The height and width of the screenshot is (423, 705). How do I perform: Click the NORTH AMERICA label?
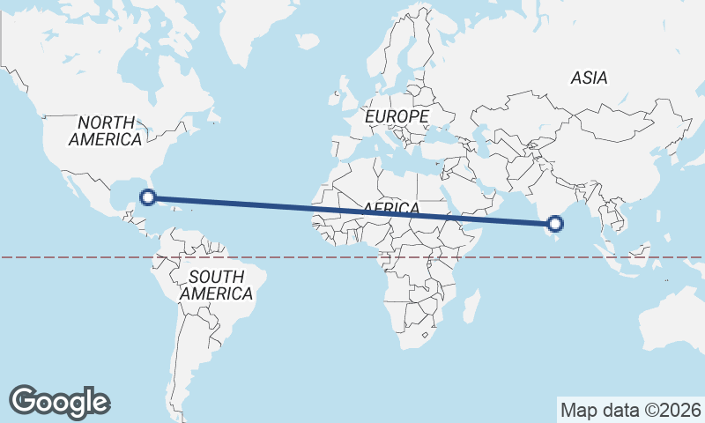106,130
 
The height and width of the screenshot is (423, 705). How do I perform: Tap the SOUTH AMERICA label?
216,286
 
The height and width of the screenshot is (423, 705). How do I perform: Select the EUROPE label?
397,116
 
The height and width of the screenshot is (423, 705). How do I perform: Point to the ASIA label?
589,78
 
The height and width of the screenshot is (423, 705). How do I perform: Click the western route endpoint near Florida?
148,198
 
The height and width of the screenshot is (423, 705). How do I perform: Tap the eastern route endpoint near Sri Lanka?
555,224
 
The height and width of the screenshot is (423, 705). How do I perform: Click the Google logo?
59,401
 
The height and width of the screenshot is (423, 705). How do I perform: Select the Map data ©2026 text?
631,410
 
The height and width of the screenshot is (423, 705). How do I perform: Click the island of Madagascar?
471,306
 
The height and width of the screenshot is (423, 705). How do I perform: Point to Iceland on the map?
307,41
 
